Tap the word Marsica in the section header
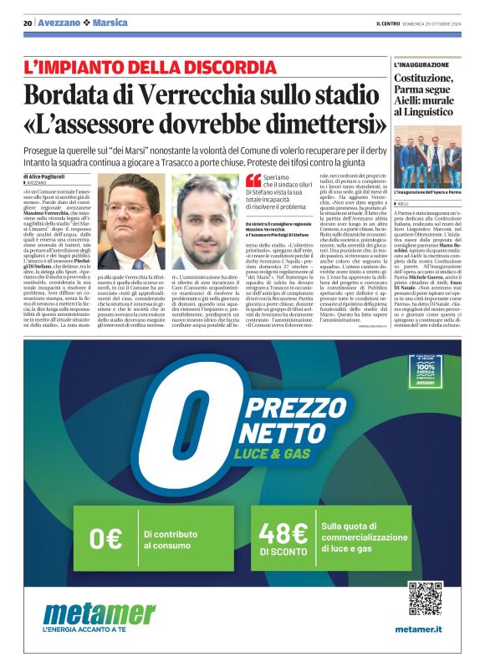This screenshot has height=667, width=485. pos(117,23)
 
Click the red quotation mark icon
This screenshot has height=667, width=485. pos(253,180)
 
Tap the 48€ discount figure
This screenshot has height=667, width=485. pos(283,532)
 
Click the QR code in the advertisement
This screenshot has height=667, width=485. pos(424,598)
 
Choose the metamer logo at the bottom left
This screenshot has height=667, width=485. pos(99,615)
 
